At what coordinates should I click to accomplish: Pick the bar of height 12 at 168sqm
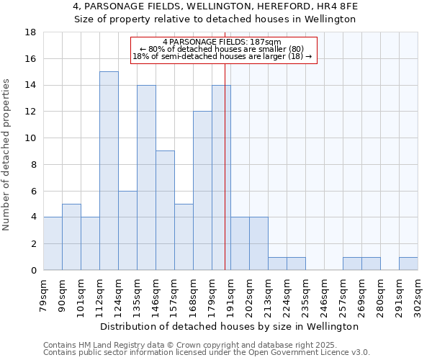(x=202, y=191)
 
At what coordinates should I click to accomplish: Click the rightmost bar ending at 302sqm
(x=408, y=264)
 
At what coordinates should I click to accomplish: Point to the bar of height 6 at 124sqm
(x=127, y=230)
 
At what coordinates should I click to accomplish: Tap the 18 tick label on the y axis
(x=30, y=32)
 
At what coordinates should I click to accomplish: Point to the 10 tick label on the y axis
(x=30, y=138)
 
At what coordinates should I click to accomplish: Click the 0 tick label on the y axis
(x=33, y=270)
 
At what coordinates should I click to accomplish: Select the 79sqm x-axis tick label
(x=43, y=294)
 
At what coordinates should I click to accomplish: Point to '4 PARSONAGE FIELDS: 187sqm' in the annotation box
(x=222, y=42)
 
